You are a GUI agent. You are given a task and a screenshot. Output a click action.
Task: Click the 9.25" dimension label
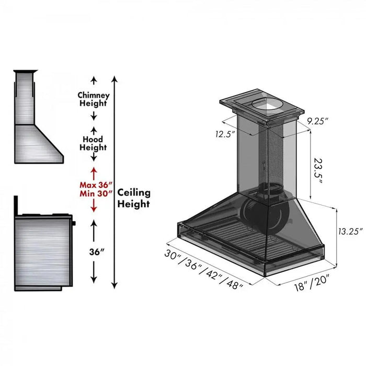point(317,121)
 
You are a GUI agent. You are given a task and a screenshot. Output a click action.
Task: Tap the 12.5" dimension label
point(224,134)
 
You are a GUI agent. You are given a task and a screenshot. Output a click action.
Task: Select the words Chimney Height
point(94,99)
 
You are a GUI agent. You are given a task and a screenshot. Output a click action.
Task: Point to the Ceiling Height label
point(133,198)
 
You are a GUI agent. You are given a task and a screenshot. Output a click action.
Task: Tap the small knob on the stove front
point(74,223)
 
